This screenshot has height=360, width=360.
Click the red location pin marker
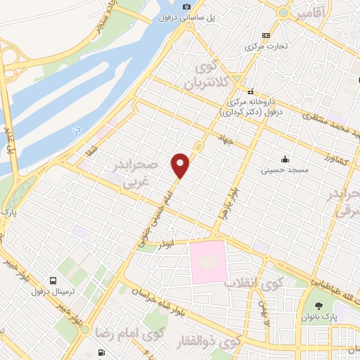(181, 165)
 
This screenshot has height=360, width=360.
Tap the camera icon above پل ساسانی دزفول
(186, 6)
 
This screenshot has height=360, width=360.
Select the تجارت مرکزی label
(262, 46)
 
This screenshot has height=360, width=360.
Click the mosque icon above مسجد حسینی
(285, 159)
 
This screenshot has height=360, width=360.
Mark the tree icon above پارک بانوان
(321, 305)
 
